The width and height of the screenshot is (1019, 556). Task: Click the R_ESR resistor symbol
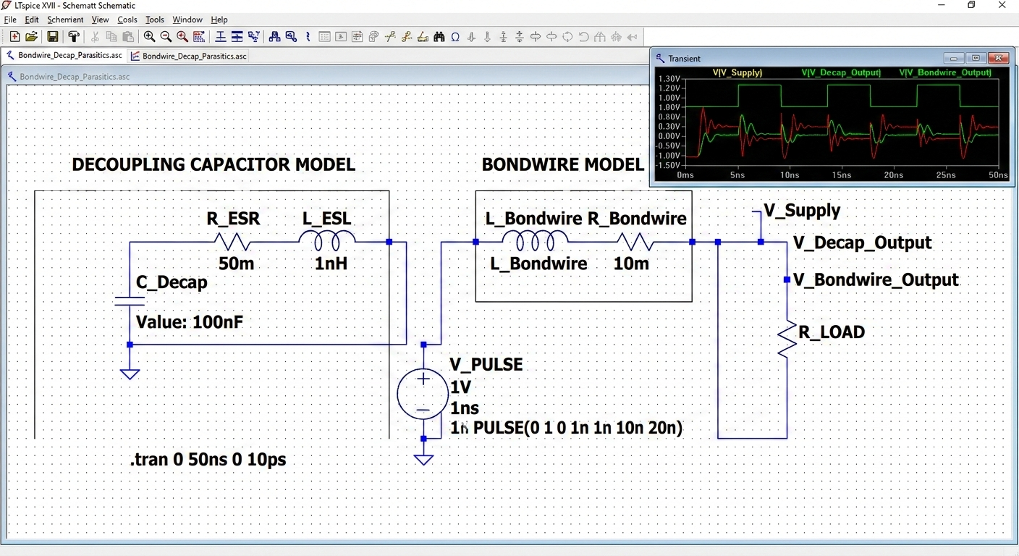[x=232, y=242]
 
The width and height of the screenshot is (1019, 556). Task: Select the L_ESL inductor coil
[x=328, y=240]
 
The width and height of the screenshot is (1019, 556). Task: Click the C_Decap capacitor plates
[x=130, y=300]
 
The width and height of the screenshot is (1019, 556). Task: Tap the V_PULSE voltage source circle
[x=423, y=394]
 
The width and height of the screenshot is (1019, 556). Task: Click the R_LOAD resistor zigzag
[x=787, y=339]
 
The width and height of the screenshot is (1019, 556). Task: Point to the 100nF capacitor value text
[x=190, y=321]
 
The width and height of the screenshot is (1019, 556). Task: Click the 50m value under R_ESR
[x=236, y=264]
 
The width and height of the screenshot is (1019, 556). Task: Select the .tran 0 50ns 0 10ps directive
[x=208, y=460]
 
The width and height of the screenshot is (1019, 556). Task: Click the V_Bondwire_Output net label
[x=876, y=280]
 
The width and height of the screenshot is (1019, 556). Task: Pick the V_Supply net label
[x=802, y=211]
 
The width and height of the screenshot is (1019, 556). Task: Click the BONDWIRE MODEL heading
[x=562, y=164]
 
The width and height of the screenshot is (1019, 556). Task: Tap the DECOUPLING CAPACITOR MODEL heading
[x=213, y=164]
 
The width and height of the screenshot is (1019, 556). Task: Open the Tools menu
[x=155, y=20]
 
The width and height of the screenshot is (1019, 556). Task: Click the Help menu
[x=219, y=20]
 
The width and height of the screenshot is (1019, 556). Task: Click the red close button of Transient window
[x=998, y=58]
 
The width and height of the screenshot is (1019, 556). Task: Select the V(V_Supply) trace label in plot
[x=737, y=72]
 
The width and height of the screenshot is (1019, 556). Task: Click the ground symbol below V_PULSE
[x=423, y=459]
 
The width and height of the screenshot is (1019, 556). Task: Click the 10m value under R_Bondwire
[x=631, y=264]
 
